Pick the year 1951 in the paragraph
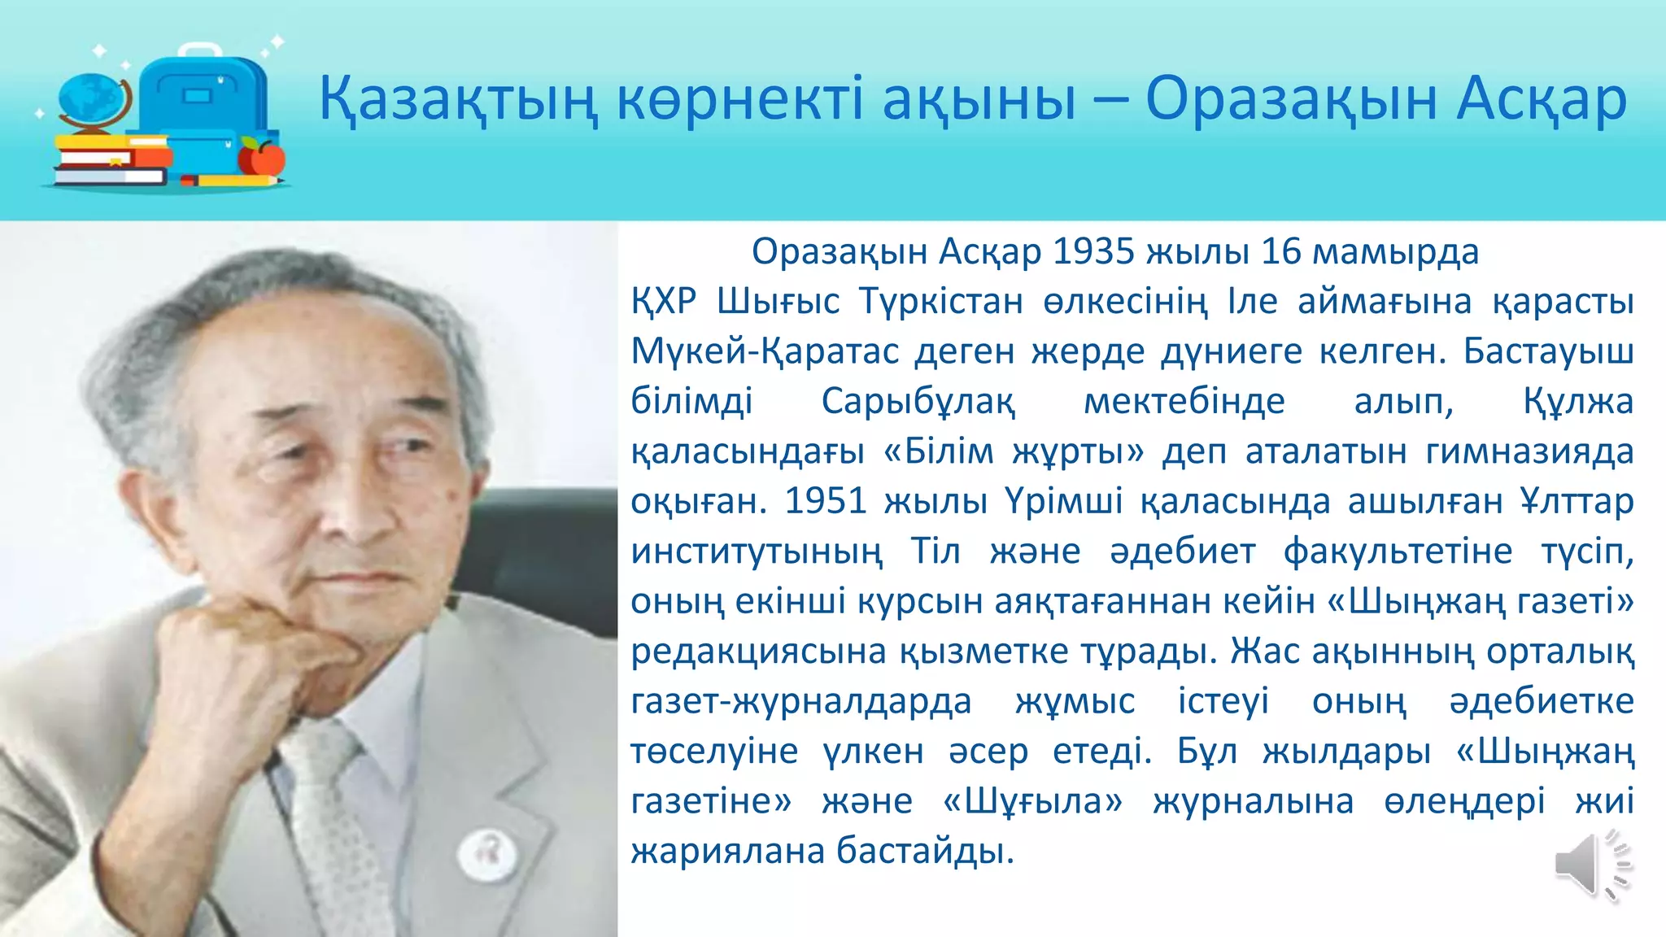point(826,501)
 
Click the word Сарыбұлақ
point(918,401)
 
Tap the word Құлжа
point(1578,401)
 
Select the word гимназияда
point(1529,451)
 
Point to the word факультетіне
point(1398,551)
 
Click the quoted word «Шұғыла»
point(1032,801)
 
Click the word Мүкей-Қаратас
point(765,351)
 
